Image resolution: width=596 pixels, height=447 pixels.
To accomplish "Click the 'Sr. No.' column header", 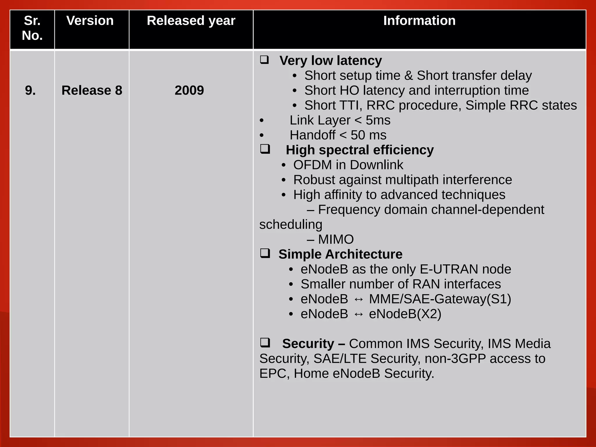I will [32, 28].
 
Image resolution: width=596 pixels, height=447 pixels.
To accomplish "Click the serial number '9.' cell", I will [30, 91].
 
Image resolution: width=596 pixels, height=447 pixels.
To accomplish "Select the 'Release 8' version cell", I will [92, 91].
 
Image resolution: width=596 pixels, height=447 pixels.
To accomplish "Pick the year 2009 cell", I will [189, 91].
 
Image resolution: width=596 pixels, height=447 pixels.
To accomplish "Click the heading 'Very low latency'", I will [330, 61].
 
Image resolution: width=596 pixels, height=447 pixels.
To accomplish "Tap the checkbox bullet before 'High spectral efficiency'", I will [265, 149].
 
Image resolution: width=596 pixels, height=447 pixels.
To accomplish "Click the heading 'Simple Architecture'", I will [340, 254].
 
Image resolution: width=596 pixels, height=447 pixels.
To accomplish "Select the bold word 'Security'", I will [308, 344].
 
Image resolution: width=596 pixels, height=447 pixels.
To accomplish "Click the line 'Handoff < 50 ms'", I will [338, 135].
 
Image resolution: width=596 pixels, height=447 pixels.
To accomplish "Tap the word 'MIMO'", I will [336, 240].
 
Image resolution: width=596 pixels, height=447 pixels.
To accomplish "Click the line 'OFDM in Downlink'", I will [348, 165].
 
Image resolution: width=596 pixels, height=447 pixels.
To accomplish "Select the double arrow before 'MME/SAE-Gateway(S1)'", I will [359, 299].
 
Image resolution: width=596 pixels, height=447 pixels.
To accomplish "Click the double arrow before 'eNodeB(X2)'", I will [359, 314].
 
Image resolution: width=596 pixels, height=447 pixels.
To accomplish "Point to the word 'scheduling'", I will [291, 225].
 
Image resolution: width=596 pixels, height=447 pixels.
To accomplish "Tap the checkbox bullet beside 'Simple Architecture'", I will [265, 253].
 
